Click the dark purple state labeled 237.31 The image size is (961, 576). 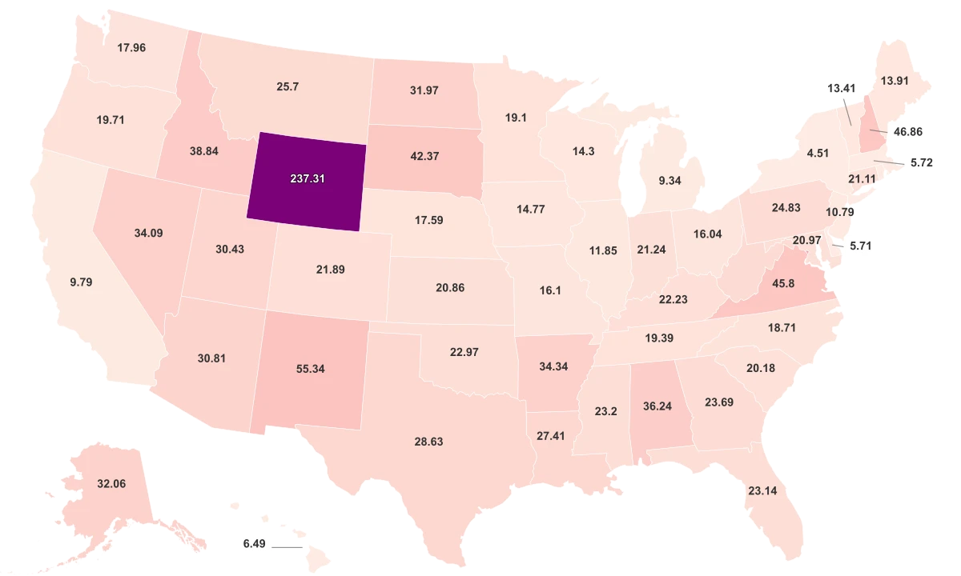[308, 178]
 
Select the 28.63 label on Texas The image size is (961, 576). [428, 441]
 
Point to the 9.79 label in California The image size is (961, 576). [82, 282]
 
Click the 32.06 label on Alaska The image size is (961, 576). [111, 483]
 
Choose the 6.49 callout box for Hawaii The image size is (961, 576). [254, 543]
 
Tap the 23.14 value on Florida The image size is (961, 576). [762, 490]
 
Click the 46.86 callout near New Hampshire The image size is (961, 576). [907, 132]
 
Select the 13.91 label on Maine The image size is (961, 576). [894, 81]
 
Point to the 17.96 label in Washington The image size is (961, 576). [131, 47]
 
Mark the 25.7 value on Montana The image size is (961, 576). [287, 86]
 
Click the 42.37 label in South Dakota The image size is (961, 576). [424, 156]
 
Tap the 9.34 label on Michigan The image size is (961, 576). [669, 181]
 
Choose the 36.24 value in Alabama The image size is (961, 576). [657, 406]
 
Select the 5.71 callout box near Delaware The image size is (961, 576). [860, 246]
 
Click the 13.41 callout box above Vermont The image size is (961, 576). [840, 88]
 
